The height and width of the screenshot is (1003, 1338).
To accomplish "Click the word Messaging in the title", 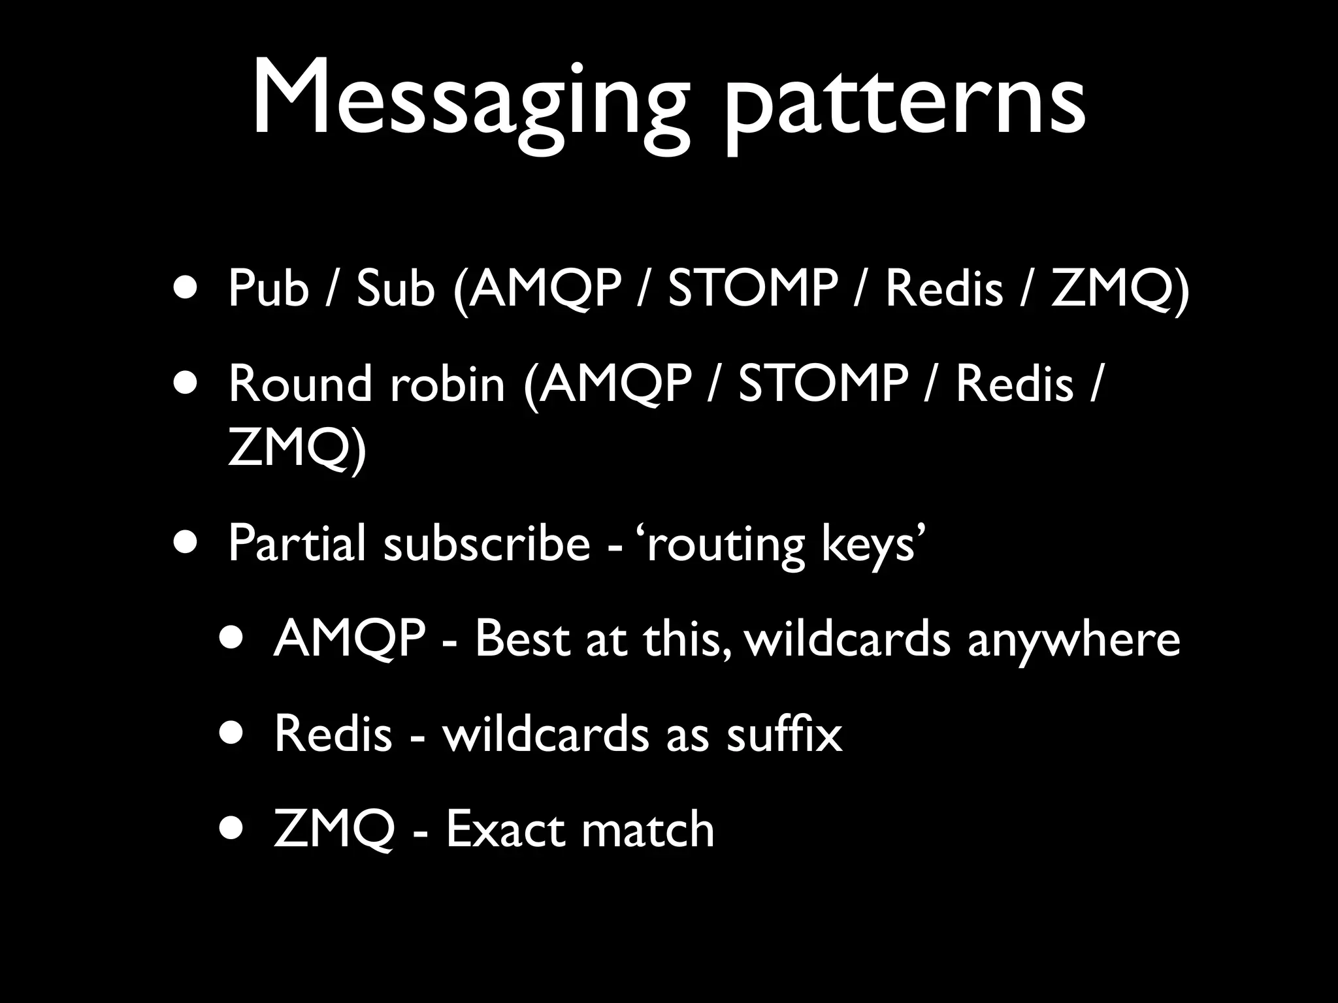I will pyautogui.click(x=469, y=101).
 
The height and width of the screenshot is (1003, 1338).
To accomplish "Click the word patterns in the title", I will pyautogui.click(x=905, y=104).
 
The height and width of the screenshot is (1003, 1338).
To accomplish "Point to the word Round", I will pyautogui.click(x=301, y=383).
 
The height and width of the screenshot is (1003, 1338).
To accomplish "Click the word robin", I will pyautogui.click(x=448, y=383).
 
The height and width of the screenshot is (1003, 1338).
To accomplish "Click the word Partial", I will pyautogui.click(x=297, y=543).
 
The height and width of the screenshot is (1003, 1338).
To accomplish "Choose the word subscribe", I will pyautogui.click(x=487, y=543).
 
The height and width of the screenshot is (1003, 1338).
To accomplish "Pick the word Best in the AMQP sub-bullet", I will pyautogui.click(x=521, y=638).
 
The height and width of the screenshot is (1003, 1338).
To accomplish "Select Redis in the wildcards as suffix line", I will pyautogui.click(x=333, y=733).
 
